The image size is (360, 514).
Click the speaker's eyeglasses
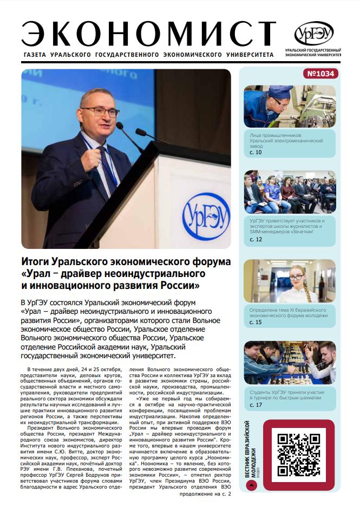101,112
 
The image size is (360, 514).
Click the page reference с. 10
256,153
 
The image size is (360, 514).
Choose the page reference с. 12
256,239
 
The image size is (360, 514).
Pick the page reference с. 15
256,322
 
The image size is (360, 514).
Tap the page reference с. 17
256,405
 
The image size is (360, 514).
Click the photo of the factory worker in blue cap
290,106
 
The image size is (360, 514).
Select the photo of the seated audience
290,192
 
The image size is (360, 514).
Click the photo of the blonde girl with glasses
290,280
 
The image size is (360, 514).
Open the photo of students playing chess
290,363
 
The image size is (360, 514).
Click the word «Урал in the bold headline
37,273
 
